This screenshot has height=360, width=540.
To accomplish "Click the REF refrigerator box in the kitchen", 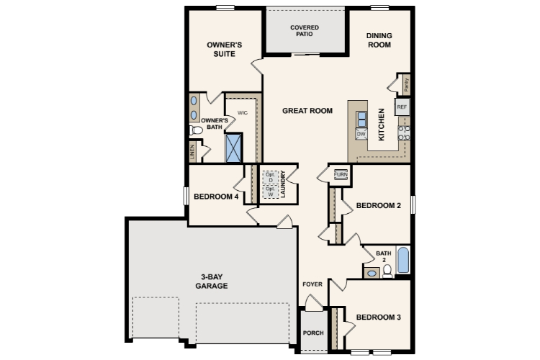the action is coord(402,107).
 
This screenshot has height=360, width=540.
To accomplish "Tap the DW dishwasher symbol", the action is coord(361,134).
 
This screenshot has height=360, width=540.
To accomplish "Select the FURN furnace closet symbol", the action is coord(341,174).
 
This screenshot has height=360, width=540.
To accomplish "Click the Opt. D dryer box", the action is coord(271,177).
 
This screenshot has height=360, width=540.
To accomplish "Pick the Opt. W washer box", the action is coord(271,192).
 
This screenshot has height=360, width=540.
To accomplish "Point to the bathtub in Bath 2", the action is coord(403,260).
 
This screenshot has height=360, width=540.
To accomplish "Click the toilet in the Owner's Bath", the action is coord(196,130).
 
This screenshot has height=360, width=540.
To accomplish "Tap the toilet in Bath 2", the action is coord(387,271).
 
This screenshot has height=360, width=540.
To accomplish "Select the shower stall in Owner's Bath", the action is coord(233,148).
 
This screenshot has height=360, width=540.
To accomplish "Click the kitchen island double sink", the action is coord(361,120).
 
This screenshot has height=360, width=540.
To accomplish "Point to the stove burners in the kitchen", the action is coord(405,132).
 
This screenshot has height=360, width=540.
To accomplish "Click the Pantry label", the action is coord(407,85).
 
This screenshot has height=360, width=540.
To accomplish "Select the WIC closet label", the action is coord(243,112).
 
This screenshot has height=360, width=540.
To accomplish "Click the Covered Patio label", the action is coord(305,31).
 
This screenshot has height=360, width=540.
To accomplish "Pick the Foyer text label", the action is coord(312,284).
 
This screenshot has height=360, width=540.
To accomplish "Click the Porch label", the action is coord(313,333).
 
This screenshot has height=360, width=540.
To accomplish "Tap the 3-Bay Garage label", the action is coord(212,281).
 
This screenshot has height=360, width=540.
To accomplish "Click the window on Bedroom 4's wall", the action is coord(186,196).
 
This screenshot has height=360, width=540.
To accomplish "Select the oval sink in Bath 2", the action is coord(372,273).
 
